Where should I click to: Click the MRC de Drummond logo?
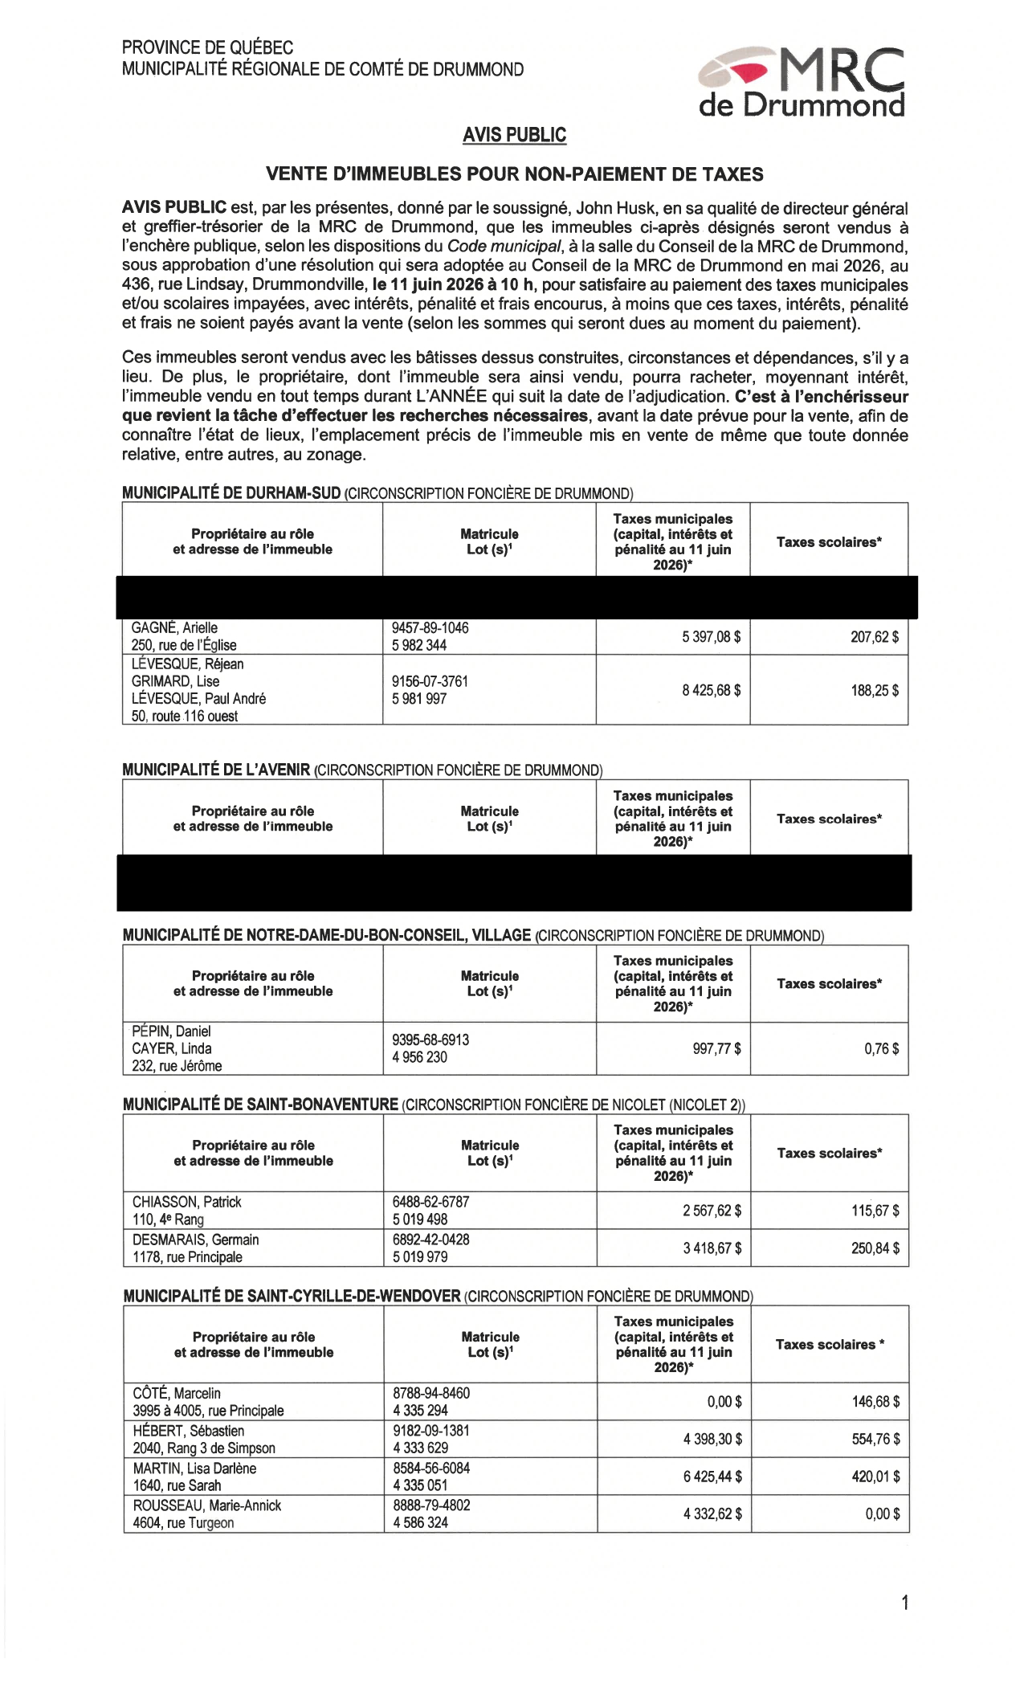(802, 83)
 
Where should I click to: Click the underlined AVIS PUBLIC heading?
(514, 135)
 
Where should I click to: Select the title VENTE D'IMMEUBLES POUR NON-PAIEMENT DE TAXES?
(514, 174)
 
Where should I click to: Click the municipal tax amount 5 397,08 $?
(711, 637)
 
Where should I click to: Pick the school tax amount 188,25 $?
(875, 690)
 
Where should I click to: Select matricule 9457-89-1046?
(430, 628)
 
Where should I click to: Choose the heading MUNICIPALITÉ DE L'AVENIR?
(216, 770)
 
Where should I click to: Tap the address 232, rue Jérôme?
(177, 1066)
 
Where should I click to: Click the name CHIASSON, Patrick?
(186, 1202)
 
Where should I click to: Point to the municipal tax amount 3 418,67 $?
(712, 1248)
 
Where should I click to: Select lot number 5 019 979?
(420, 1257)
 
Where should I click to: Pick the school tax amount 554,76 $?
(875, 1440)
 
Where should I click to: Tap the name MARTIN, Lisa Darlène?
(194, 1468)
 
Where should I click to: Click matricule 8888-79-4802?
(431, 1505)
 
